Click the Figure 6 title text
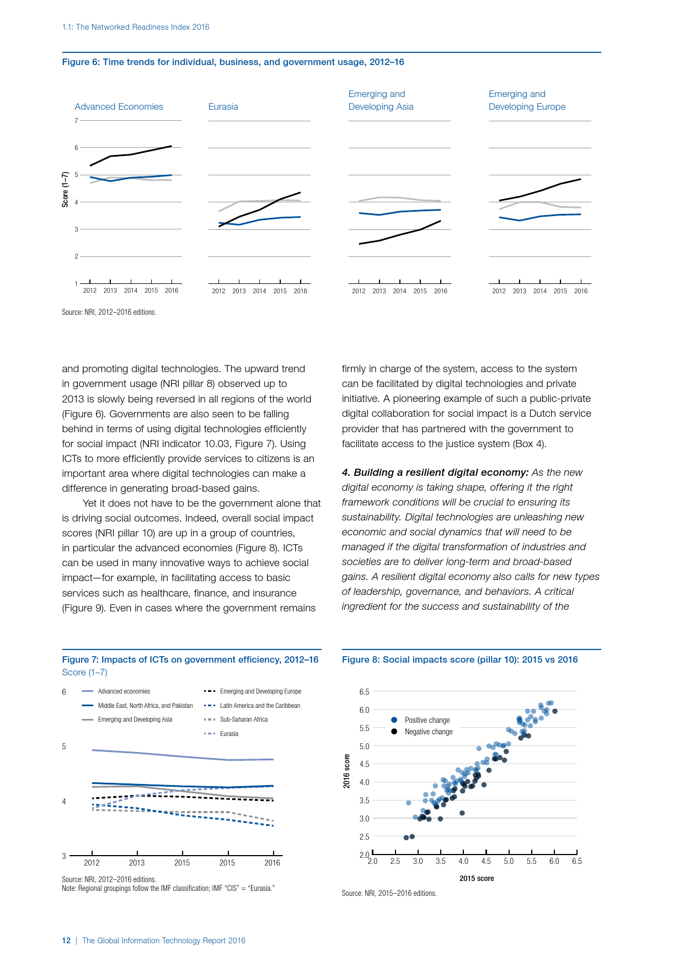click(233, 62)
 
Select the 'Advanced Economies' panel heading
click(119, 107)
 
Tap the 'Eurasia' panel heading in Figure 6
click(223, 107)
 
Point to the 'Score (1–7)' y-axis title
click(66, 189)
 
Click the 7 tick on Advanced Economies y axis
click(76, 121)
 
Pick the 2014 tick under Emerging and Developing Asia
click(399, 291)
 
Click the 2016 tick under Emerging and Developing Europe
click(581, 291)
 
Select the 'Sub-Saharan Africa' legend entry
click(243, 719)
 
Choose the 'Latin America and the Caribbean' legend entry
click(260, 706)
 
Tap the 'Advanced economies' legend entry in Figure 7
click(124, 691)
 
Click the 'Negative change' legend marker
click(394, 732)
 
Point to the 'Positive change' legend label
click(427, 720)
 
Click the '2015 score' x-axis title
click(477, 878)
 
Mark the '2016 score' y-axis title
click(347, 771)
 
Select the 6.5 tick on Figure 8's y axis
click(364, 691)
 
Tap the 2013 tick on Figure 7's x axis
click(137, 863)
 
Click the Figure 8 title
click(459, 660)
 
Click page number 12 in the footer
click(66, 941)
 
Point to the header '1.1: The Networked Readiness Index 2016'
click(136, 27)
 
